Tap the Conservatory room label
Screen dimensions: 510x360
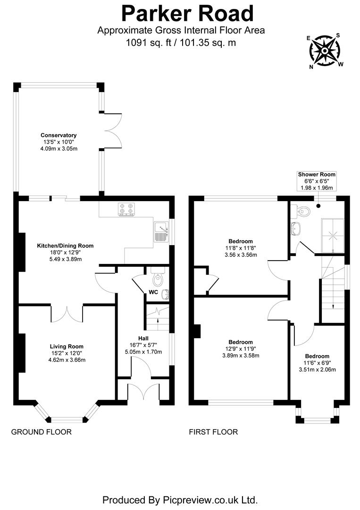59,135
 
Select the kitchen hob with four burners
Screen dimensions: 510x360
126,209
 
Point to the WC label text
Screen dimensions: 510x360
153,292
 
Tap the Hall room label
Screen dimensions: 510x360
143,338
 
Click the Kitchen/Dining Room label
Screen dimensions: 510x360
66,246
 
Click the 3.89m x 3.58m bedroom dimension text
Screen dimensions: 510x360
241,356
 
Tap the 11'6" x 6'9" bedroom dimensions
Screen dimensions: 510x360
317,363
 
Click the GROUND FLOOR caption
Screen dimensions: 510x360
42,432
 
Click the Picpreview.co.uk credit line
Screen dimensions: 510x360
180,499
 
